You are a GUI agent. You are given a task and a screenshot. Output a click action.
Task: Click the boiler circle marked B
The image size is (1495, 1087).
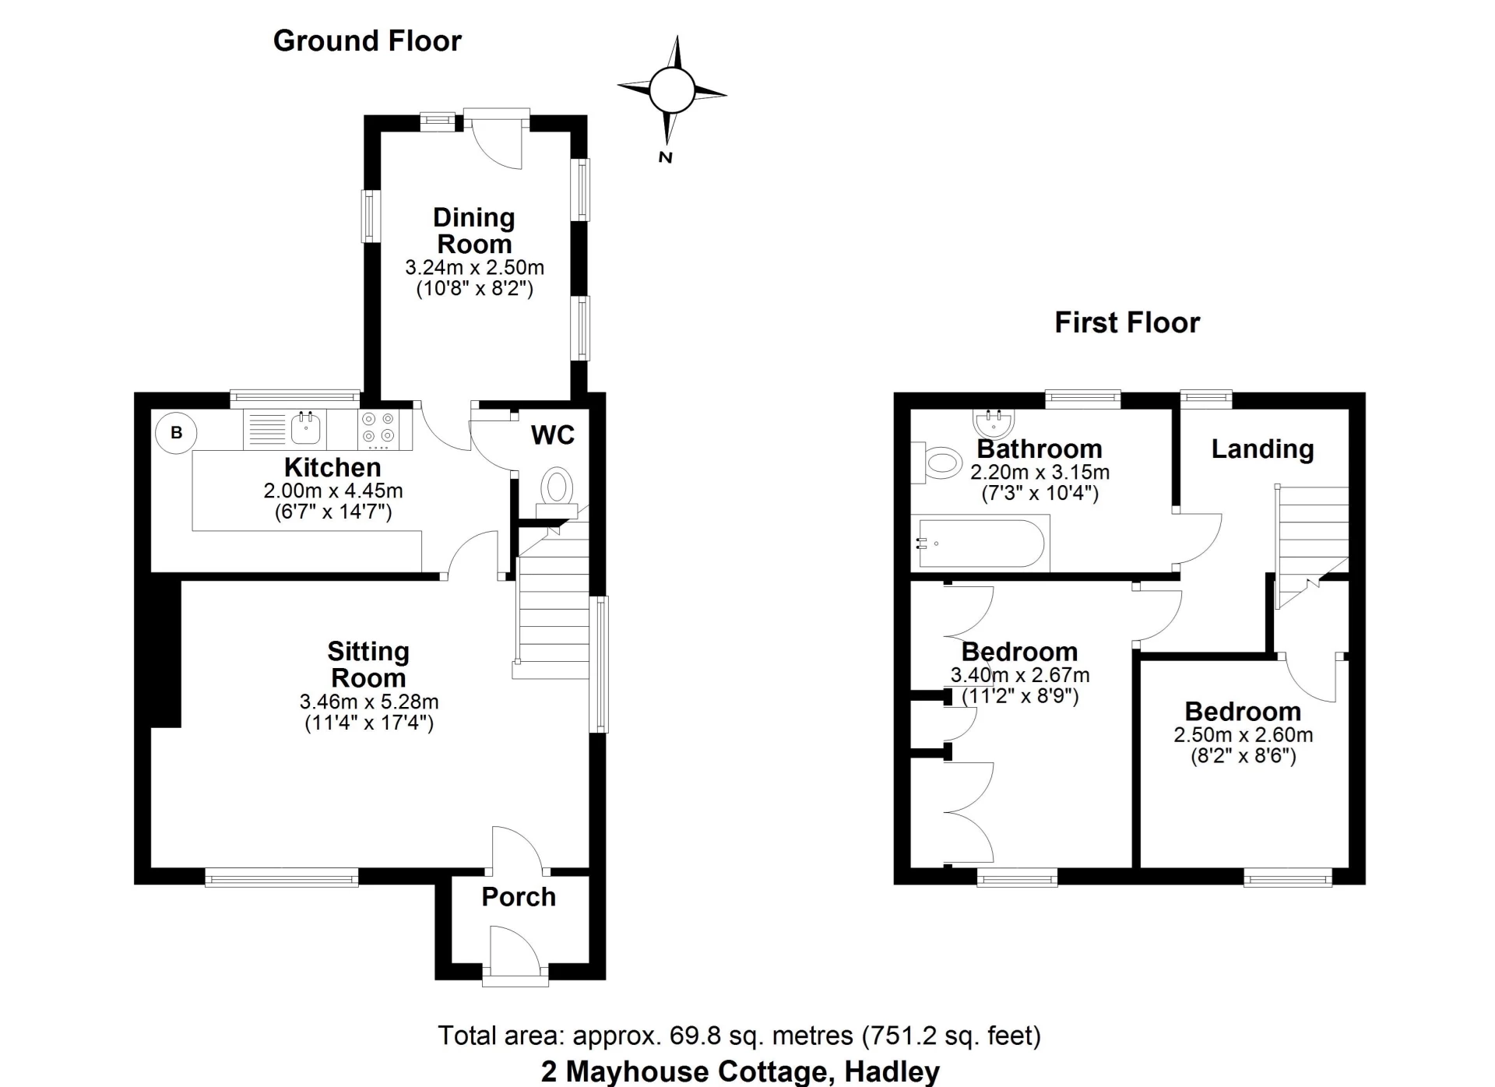[176, 432]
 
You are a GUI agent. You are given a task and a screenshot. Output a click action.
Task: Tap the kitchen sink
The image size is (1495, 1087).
[305, 427]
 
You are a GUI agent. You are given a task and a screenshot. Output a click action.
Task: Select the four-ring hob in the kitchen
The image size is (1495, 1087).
[378, 428]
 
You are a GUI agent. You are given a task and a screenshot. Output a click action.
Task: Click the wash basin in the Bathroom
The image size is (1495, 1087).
[994, 423]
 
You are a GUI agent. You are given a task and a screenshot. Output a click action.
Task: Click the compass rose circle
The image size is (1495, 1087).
[671, 90]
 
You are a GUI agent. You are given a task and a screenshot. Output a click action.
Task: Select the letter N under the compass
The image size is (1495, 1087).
[665, 157]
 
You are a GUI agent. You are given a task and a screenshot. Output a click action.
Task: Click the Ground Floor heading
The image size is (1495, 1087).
[367, 40]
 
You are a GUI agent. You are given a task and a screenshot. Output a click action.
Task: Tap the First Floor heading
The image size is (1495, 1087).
[1127, 322]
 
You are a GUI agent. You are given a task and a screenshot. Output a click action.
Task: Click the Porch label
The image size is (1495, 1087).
[519, 897]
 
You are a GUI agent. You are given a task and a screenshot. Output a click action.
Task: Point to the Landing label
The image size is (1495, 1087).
[1262, 449]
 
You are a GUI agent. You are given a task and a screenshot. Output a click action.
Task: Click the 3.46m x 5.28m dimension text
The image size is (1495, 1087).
[369, 702]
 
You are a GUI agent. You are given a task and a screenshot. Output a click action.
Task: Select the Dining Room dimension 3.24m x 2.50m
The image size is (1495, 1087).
[474, 268]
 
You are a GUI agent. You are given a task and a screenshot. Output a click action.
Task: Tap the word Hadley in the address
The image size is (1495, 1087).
[892, 1072]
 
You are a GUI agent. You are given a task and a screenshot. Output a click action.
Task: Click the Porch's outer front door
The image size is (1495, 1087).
[515, 954]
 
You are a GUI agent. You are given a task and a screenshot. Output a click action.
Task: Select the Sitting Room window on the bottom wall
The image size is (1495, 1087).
[281, 878]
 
